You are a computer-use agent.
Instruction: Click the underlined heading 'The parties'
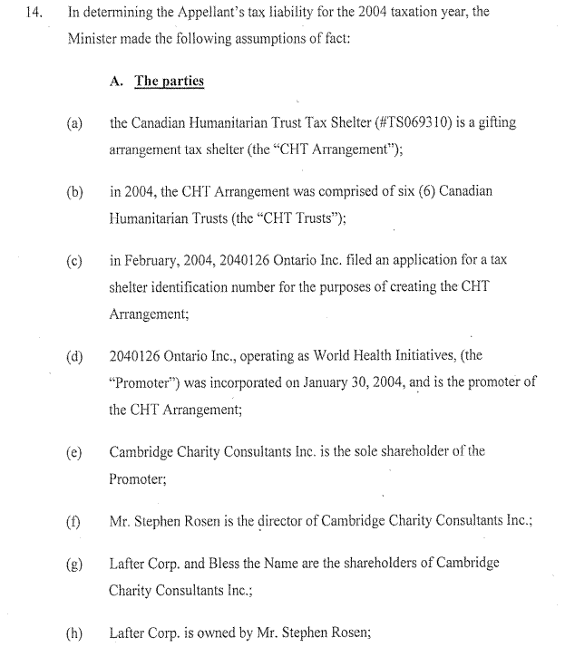[170, 82]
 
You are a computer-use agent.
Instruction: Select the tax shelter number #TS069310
[405, 122]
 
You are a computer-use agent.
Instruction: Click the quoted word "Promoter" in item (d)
[138, 381]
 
